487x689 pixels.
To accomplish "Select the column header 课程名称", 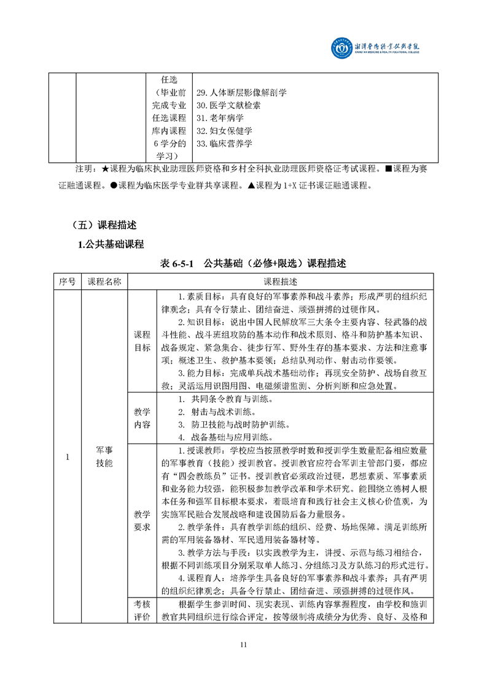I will coord(104,281).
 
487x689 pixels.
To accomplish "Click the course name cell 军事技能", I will coord(104,456).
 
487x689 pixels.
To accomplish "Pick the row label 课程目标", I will coord(142,341).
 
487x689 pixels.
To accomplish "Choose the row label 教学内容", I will coord(142,418).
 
